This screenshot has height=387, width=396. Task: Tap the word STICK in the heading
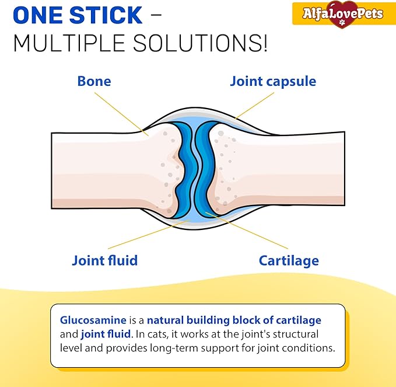106,15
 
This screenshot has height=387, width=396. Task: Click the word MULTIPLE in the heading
69,43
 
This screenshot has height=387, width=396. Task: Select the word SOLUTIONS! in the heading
200,43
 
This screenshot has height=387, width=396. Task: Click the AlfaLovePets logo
343,14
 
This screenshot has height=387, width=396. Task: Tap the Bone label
94,81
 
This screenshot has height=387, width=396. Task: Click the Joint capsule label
273,82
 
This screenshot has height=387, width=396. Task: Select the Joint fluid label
105,260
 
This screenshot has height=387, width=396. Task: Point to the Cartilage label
289,261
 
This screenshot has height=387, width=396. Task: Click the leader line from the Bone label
121,114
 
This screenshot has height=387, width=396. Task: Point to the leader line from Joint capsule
254,106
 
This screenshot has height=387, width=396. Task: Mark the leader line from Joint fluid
149,234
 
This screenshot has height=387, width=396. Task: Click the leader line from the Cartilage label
247,231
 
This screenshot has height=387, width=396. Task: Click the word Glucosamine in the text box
93,320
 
